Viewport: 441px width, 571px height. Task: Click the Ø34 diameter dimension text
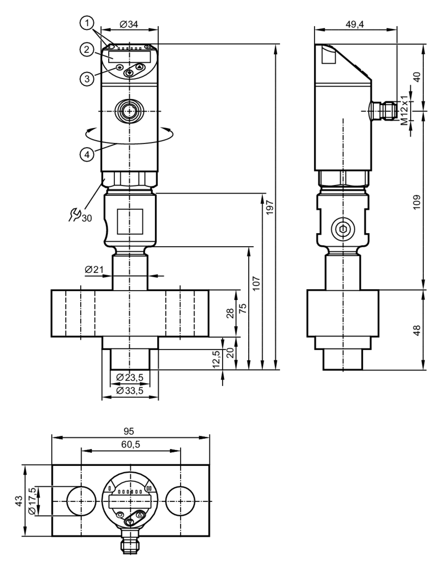coord(129,25)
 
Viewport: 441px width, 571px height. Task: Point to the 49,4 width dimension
coord(355,24)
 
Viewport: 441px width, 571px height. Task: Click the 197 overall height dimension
coord(270,207)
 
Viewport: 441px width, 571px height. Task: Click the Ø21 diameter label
coord(94,269)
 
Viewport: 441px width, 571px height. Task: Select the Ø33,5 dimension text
coord(130,391)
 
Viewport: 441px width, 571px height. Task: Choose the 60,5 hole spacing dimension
coord(131,444)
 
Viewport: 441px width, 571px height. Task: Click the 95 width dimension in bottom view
coord(129,431)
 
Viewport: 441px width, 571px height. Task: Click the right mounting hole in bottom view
coord(180,501)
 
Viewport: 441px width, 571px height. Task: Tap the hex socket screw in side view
coord(343,229)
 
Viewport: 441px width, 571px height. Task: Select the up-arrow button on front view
coord(140,67)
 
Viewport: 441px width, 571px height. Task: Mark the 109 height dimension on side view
coord(417,202)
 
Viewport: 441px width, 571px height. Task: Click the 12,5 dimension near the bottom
coord(217,359)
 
